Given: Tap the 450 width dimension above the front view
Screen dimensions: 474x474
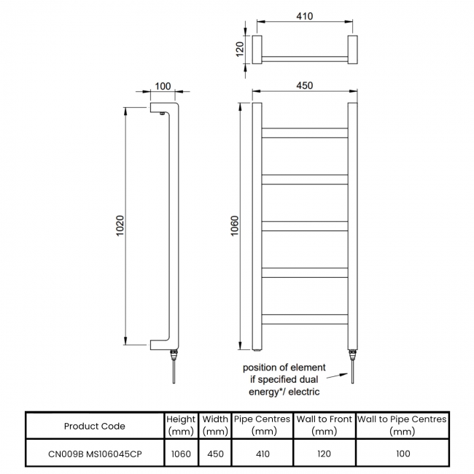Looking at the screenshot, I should click(x=305, y=85).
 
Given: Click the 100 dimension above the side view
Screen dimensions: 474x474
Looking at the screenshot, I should click(x=163, y=86).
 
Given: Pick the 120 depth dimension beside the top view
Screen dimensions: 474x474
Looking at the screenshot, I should click(x=238, y=50).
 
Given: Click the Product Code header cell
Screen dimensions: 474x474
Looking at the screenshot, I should click(x=94, y=426).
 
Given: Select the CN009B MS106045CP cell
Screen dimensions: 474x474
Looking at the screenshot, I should click(x=94, y=454).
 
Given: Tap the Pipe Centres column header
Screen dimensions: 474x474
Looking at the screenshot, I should click(x=263, y=425).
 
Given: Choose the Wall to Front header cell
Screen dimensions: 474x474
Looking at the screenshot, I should click(x=324, y=425).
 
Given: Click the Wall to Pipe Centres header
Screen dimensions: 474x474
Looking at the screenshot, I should click(x=402, y=425).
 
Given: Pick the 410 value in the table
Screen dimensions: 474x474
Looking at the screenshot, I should click(x=263, y=454).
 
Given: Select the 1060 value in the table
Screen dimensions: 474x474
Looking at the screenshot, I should click(x=181, y=454).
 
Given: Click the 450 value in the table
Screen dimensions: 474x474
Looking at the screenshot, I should click(x=214, y=454).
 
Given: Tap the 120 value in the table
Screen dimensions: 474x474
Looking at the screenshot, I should click(x=324, y=454).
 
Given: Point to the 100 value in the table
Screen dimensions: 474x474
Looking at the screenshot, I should click(x=402, y=454).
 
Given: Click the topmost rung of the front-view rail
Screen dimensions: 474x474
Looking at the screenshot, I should click(x=305, y=133).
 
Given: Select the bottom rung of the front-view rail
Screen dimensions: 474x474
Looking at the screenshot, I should click(x=305, y=319).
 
